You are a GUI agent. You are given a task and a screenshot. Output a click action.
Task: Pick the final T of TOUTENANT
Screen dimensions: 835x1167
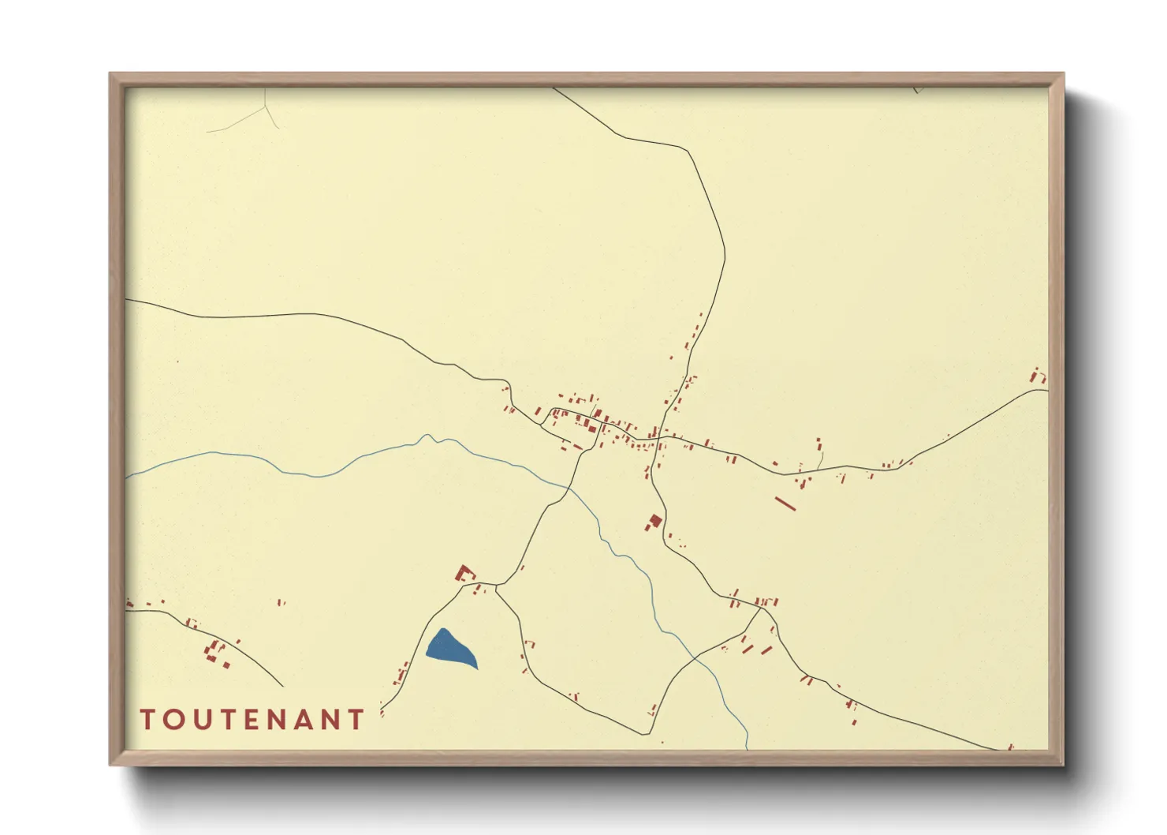(x=356, y=719)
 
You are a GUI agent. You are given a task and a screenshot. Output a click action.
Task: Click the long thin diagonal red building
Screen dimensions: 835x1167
(x=785, y=503)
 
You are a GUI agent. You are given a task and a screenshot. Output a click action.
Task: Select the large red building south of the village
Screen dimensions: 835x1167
(x=654, y=522)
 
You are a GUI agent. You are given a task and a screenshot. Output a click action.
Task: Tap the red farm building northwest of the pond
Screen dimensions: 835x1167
(x=465, y=573)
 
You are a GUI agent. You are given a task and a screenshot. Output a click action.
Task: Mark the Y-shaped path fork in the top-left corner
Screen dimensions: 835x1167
(x=267, y=110)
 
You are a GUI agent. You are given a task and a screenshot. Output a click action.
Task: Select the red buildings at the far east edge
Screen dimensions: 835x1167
(x=1038, y=376)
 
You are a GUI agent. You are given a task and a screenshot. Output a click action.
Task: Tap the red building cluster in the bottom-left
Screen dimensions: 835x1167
(x=214, y=653)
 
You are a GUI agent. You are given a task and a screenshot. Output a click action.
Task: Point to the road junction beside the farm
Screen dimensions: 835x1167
(x=497, y=586)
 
